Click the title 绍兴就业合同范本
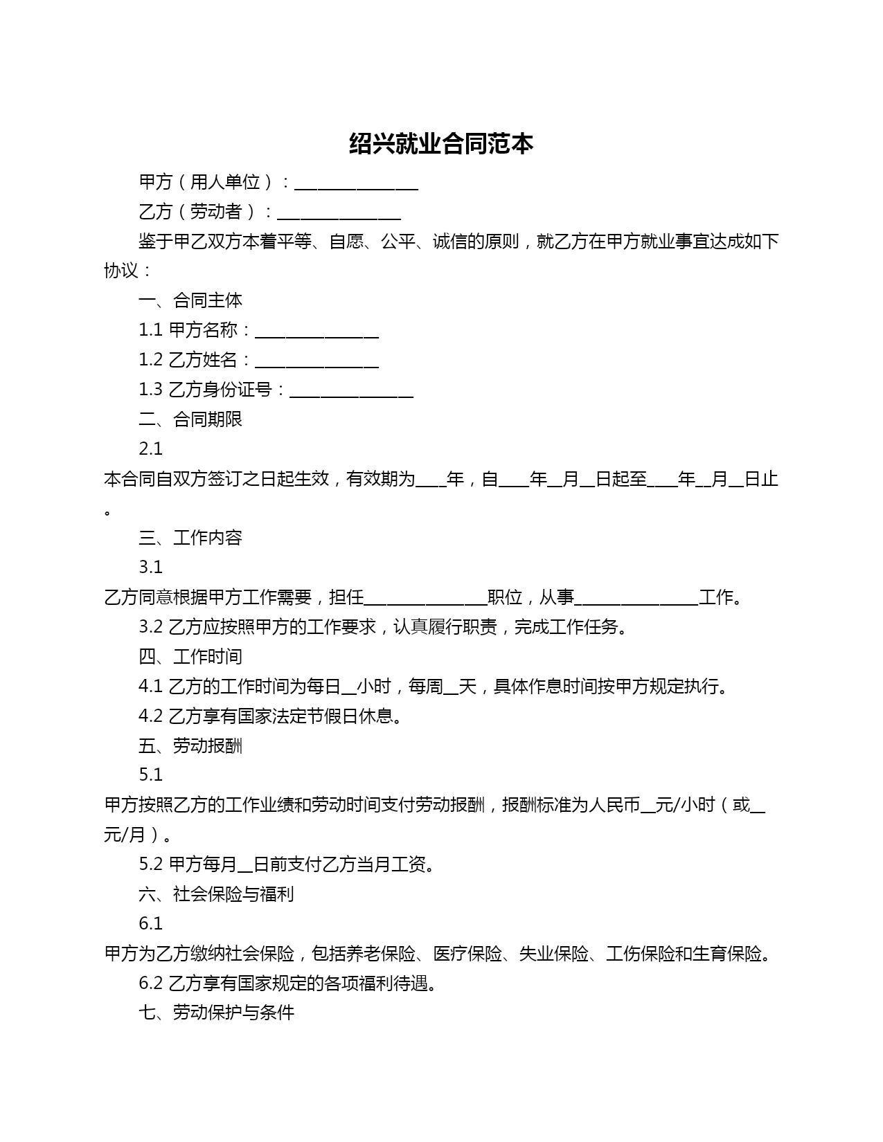441,144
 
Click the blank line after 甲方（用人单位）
356,183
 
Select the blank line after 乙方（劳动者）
339,213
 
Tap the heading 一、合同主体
190,300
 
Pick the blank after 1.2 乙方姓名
316,361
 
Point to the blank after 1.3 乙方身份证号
351,391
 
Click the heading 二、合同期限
190,419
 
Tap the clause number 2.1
150,449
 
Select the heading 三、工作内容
190,538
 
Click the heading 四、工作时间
190,656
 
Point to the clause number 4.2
150,716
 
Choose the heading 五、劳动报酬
190,745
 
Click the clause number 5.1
150,774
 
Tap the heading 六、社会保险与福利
216,894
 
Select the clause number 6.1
150,923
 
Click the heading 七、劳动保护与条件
216,1013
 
